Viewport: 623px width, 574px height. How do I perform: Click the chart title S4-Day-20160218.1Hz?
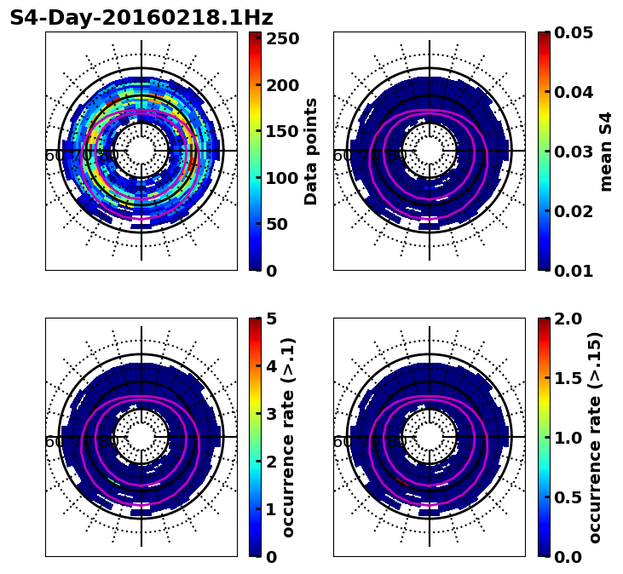point(141,18)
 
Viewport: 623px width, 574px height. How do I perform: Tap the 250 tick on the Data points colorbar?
point(282,39)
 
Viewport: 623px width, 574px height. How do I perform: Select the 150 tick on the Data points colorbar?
point(282,132)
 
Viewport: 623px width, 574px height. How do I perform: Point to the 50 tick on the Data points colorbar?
point(282,225)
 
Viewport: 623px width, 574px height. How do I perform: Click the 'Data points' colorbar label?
point(311,151)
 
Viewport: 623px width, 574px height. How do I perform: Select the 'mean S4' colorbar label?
point(606,151)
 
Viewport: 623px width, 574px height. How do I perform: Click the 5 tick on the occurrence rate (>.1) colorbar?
point(272,319)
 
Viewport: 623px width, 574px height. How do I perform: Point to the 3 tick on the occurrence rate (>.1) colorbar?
point(272,414)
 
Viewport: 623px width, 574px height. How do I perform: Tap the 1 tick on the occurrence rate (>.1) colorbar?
point(272,509)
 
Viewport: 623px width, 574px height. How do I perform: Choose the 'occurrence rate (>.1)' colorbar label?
point(288,437)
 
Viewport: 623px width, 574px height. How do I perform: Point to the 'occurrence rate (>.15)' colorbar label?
point(595,437)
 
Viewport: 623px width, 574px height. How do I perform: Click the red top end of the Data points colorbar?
point(255,35)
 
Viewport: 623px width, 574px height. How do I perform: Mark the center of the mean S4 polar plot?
point(430,151)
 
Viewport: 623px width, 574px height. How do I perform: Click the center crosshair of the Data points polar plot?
point(141,151)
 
